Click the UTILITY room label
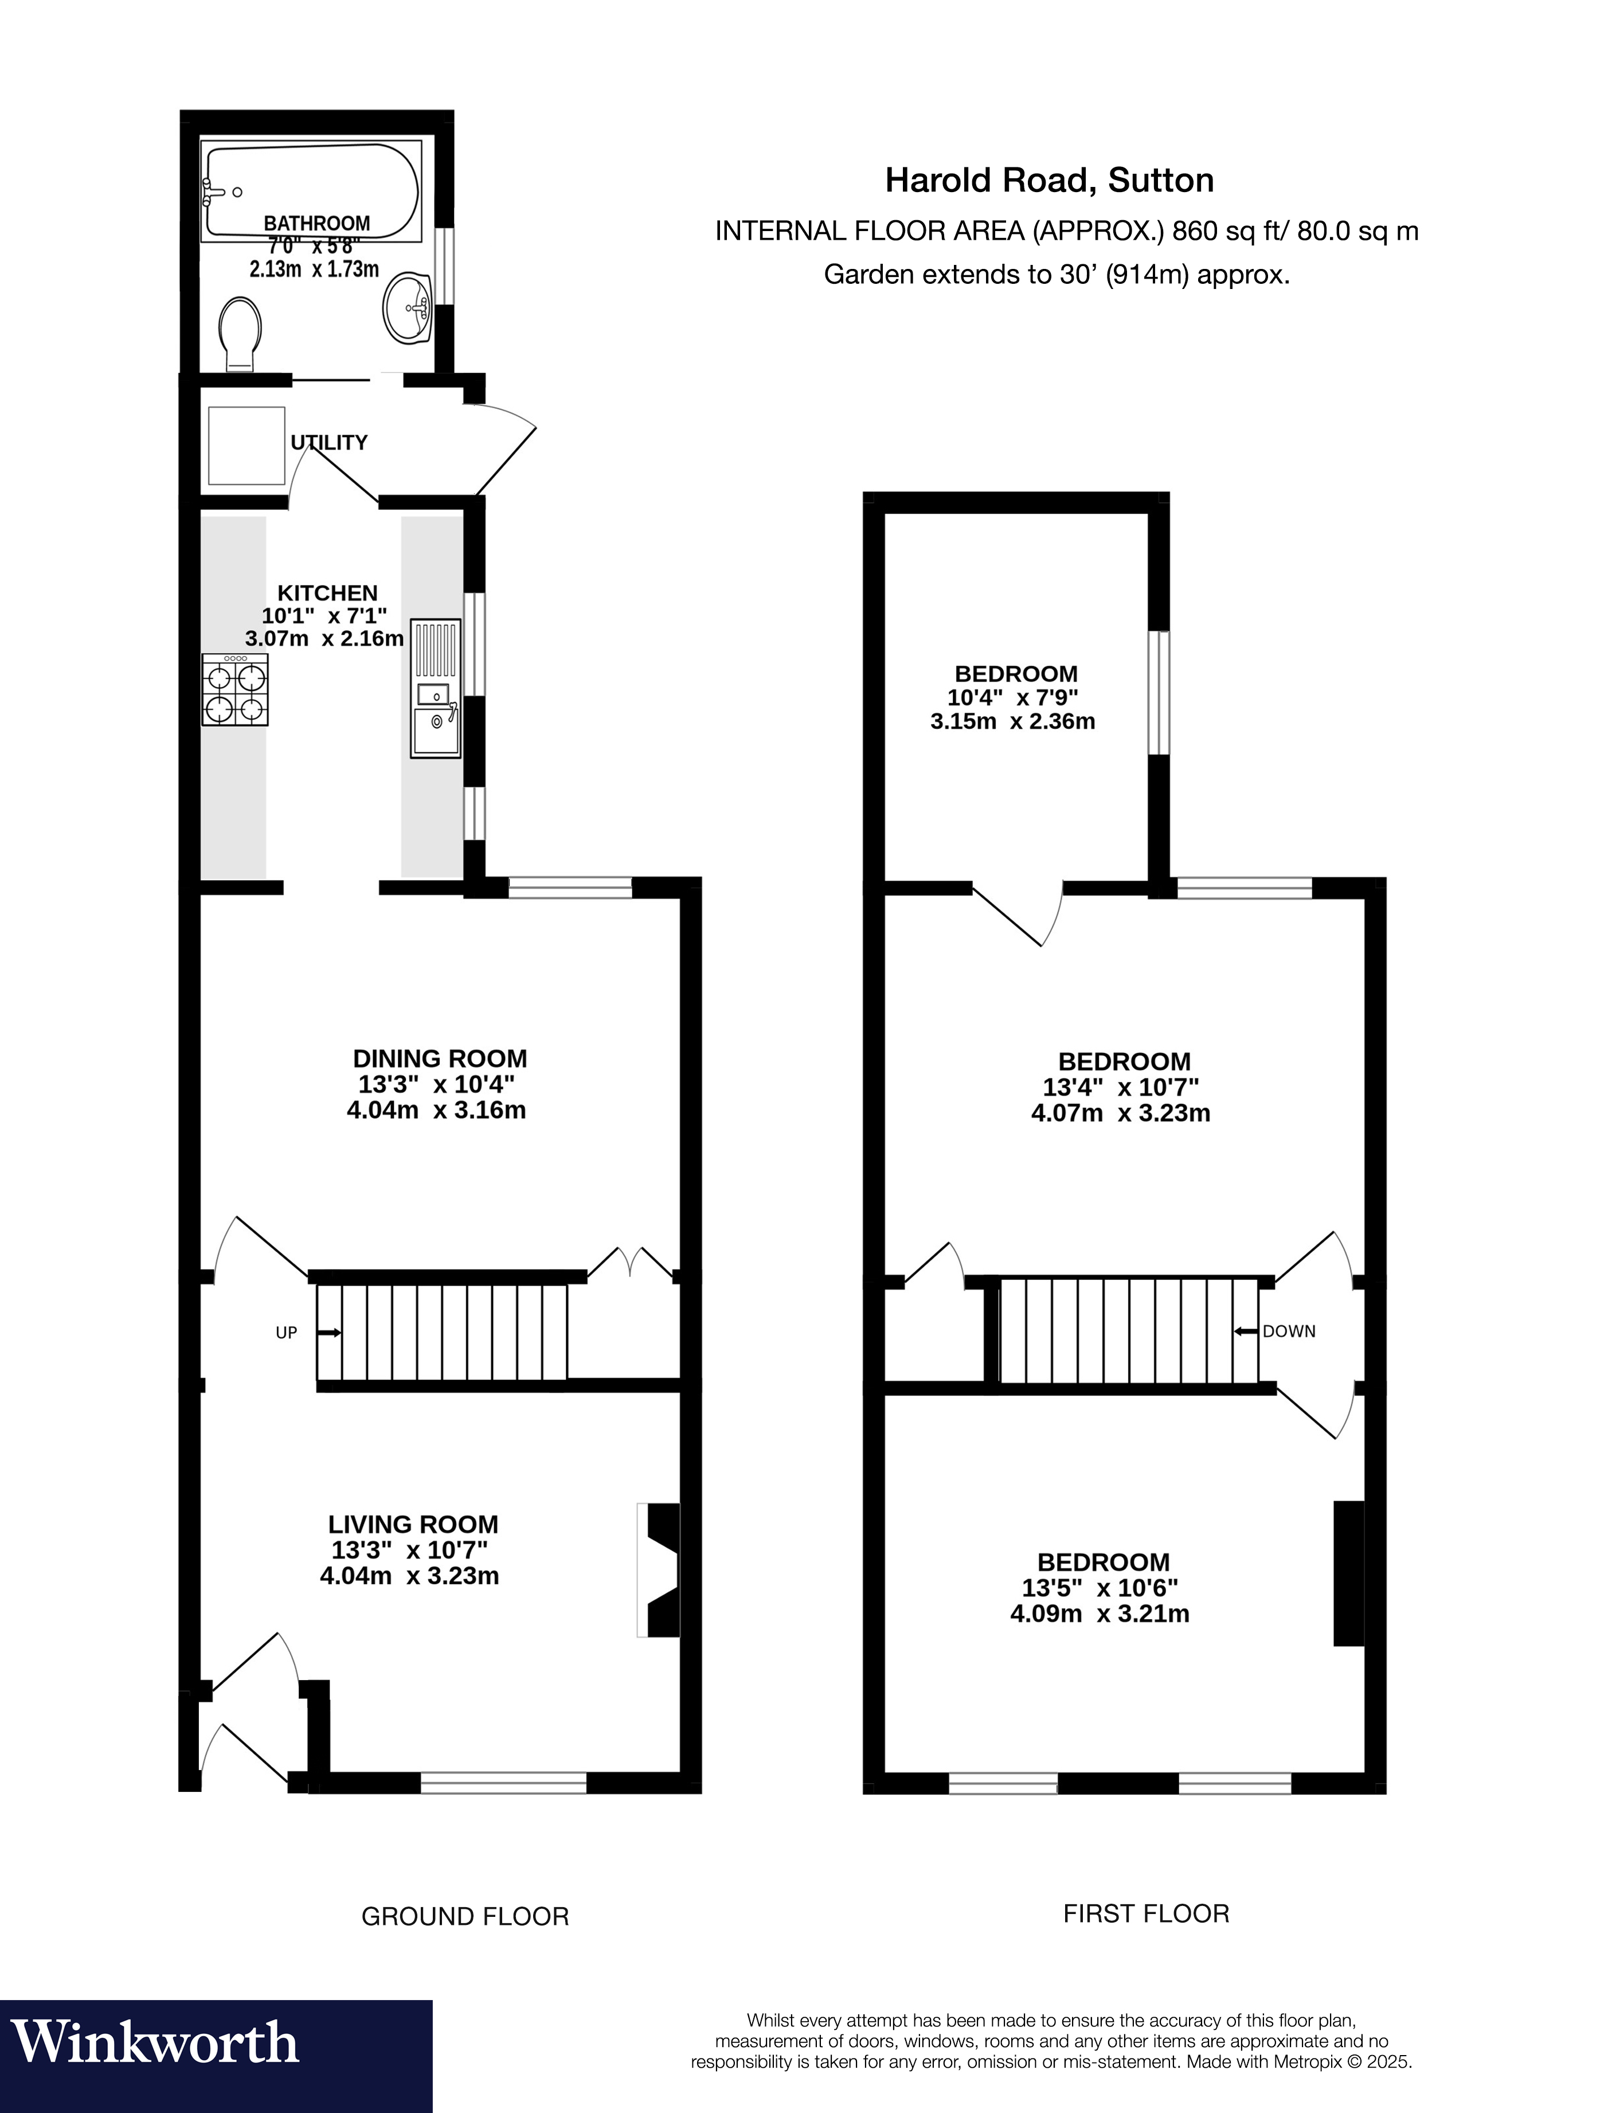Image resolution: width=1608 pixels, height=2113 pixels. [329, 442]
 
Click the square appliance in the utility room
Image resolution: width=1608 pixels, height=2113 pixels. [247, 446]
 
